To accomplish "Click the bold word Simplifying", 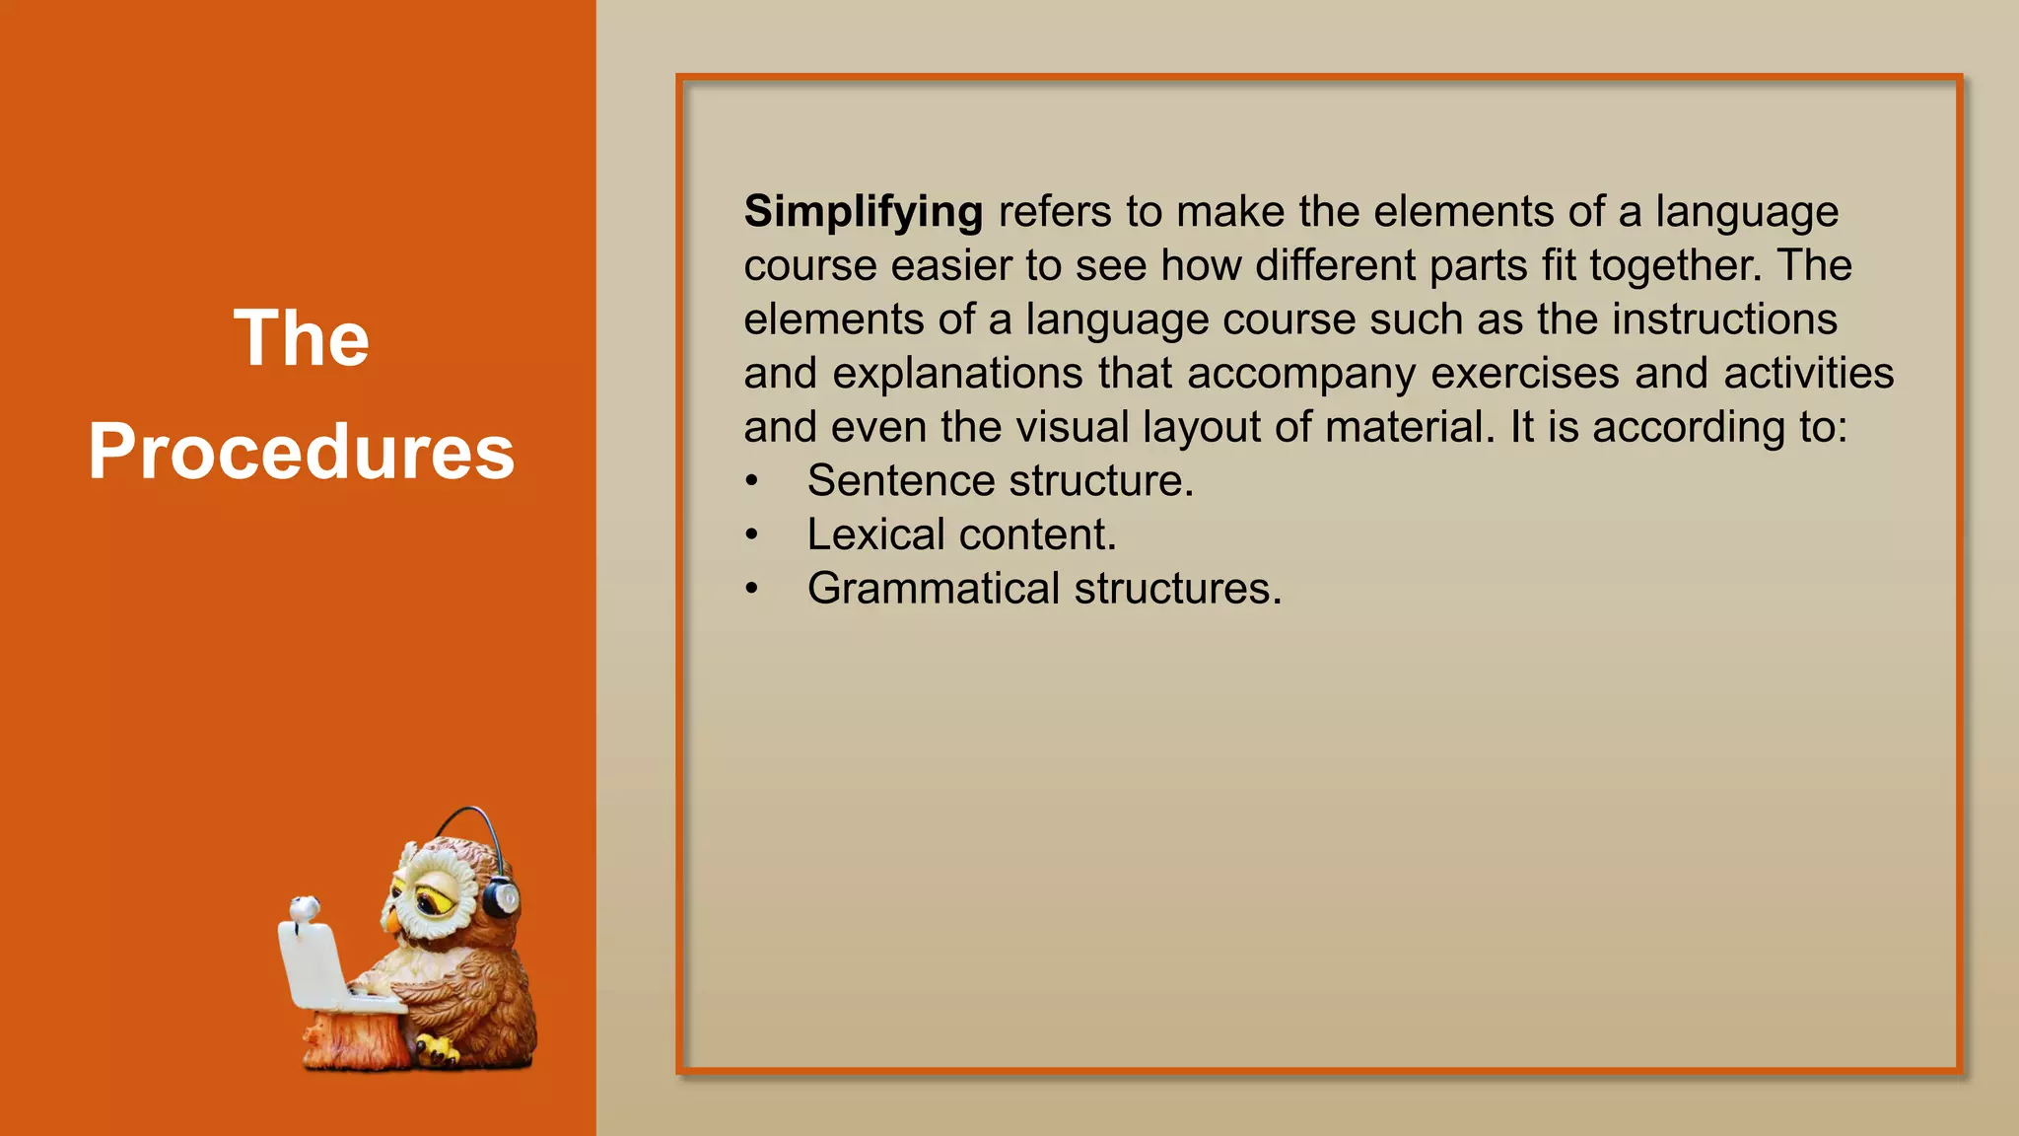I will pos(863,212).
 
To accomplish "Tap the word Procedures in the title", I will pos(302,452).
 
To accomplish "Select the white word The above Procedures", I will pos(302,338).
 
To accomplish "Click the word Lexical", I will pos(876,534).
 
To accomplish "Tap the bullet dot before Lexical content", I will pos(752,535).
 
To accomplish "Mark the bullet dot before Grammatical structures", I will pos(752,590).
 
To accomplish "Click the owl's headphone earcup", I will pos(502,898).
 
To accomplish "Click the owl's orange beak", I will pos(392,922).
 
